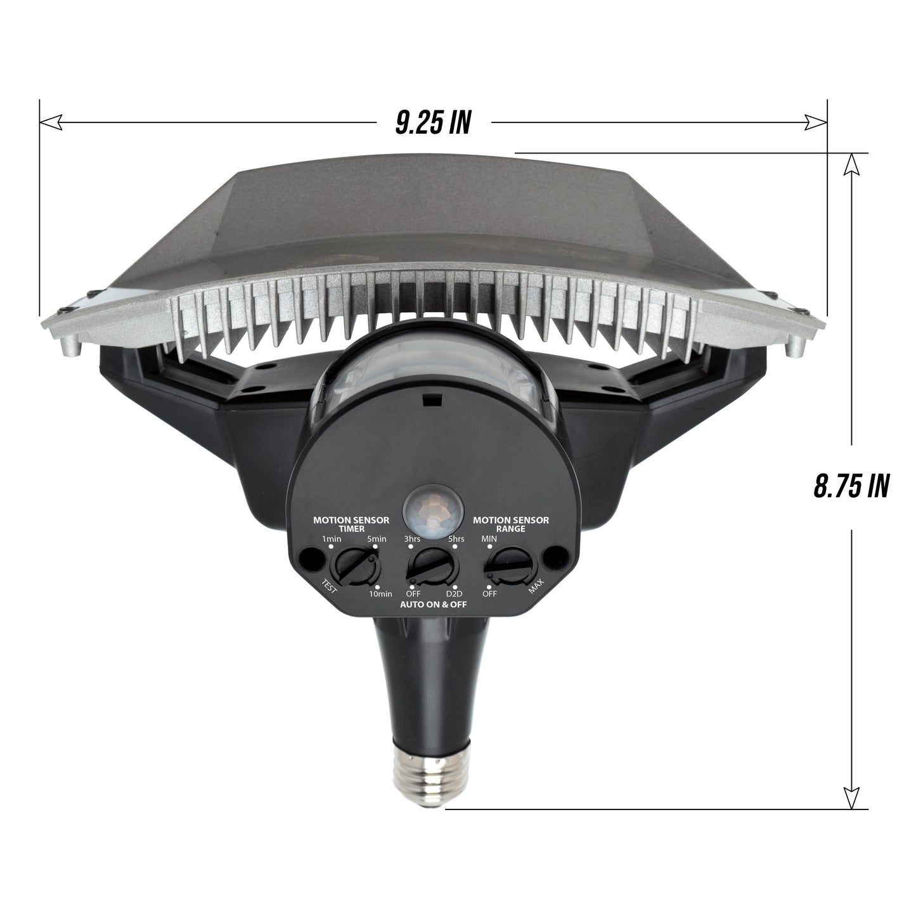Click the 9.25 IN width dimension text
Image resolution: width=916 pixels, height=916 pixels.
[x=433, y=123]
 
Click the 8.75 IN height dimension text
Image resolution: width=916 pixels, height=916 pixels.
[x=850, y=486]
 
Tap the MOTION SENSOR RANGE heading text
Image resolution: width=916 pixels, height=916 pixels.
[x=512, y=524]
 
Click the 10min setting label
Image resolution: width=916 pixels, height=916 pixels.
[x=380, y=594]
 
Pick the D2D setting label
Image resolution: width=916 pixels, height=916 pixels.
[x=454, y=594]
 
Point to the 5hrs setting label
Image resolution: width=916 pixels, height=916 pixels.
[x=455, y=539]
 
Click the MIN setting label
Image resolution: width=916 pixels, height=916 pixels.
[x=489, y=538]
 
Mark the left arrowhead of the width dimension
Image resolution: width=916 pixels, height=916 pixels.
[x=50, y=121]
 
